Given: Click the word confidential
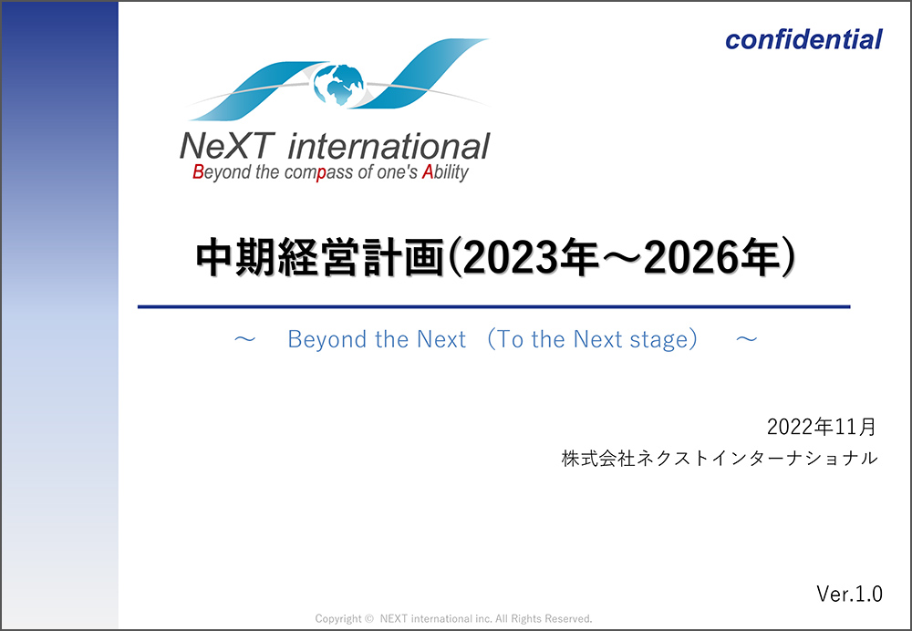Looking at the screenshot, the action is coord(803,39).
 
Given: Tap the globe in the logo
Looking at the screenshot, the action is coord(338,85).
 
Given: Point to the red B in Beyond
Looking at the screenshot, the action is coord(198,172).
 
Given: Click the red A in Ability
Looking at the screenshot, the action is coord(428,172).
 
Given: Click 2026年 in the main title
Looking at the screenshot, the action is coord(710,258).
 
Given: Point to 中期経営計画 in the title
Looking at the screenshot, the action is coord(320,258).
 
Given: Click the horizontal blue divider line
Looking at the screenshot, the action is coord(493,306).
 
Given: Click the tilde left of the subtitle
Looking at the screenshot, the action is coord(244,338).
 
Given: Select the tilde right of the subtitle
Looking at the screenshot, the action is coord(746,338).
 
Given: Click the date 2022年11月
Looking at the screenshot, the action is coord(822,427).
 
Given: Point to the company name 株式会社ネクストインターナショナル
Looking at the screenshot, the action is coord(720,459).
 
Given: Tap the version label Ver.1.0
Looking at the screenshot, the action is coord(850,594).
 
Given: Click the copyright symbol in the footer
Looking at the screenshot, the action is coord(368,619).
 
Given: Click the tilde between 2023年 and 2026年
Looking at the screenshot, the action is coord(621,258).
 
